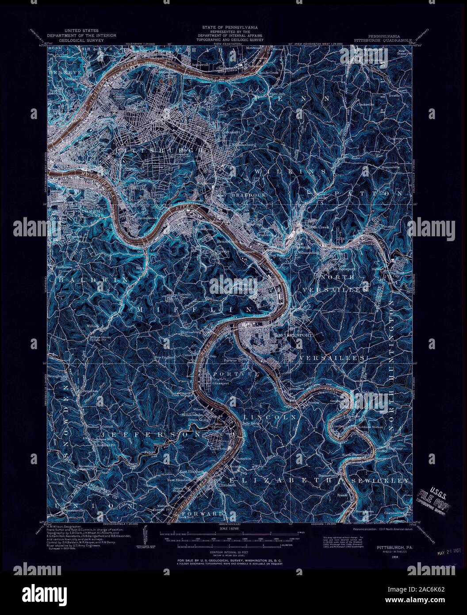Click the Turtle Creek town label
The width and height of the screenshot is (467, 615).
(x=318, y=227)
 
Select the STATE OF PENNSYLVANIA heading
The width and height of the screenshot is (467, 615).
(x=232, y=27)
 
